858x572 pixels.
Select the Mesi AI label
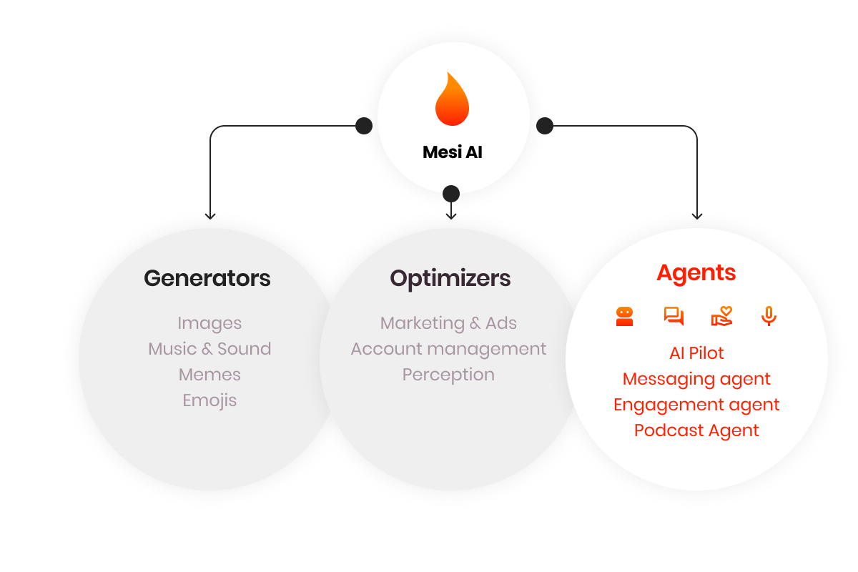(453, 152)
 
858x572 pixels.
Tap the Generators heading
(207, 277)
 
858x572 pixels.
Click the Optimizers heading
(450, 277)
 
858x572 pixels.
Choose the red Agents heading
(696, 272)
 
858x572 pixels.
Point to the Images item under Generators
(209, 323)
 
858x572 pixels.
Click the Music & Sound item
(209, 349)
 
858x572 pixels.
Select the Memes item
(209, 375)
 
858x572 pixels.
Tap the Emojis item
(209, 400)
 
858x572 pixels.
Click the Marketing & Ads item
(448, 323)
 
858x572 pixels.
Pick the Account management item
(448, 349)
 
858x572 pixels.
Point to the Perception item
(448, 375)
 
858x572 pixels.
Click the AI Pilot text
(696, 353)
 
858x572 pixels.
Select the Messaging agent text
(696, 379)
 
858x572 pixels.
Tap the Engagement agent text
(696, 405)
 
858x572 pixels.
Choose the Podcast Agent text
(696, 430)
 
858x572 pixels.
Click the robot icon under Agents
(625, 316)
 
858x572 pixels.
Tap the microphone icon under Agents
(769, 316)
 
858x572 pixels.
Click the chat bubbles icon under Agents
(674, 316)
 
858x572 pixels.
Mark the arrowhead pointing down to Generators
(209, 214)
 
